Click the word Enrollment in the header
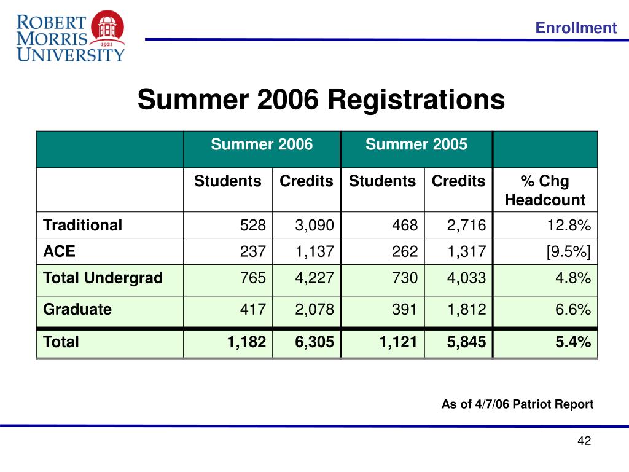(x=575, y=28)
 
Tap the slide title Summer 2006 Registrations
(x=321, y=100)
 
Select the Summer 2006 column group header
(x=262, y=144)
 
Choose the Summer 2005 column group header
(x=416, y=144)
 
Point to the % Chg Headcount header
(x=545, y=191)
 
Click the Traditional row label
(x=82, y=225)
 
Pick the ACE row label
(x=55, y=251)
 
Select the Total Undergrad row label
(x=103, y=278)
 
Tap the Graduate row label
(x=77, y=309)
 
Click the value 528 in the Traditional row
(x=253, y=226)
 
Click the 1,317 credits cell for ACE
(x=466, y=251)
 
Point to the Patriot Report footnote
(x=517, y=404)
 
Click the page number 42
(x=584, y=441)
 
